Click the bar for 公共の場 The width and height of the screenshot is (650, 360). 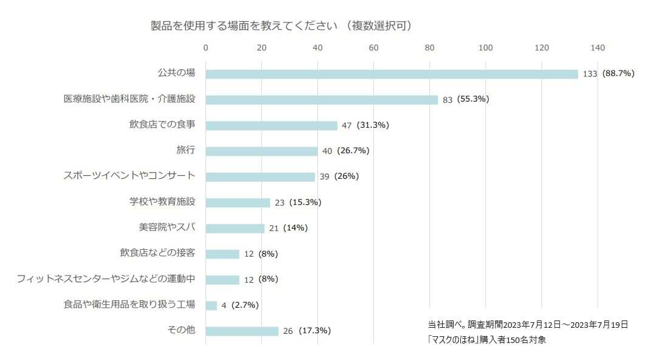pyautogui.click(x=392, y=74)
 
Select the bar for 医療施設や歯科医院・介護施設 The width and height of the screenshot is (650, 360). pyautogui.click(x=322, y=100)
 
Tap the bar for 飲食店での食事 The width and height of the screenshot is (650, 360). pyautogui.click(x=271, y=125)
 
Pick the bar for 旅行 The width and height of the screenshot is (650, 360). pyautogui.click(x=261, y=151)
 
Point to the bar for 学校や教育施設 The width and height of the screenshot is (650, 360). pyautogui.click(x=238, y=202)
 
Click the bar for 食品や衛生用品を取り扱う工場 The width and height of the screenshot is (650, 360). pyautogui.click(x=211, y=305)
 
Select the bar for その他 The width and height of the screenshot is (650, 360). pyautogui.click(x=242, y=331)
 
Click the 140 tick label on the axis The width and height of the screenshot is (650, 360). pyautogui.click(x=598, y=48)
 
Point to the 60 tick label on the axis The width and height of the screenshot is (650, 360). pyautogui.click(x=373, y=48)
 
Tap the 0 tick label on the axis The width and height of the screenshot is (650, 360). pyautogui.click(x=206, y=48)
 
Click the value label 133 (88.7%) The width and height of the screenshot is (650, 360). pyautogui.click(x=608, y=74)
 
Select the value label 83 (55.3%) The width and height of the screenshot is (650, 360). pyautogui.click(x=466, y=100)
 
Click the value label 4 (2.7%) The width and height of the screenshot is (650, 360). pyautogui.click(x=240, y=305)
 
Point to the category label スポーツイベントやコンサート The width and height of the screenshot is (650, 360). pyautogui.click(x=130, y=176)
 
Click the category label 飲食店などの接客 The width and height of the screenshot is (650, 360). pyautogui.click(x=157, y=253)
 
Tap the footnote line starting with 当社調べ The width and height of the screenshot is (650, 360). pyautogui.click(x=528, y=325)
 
